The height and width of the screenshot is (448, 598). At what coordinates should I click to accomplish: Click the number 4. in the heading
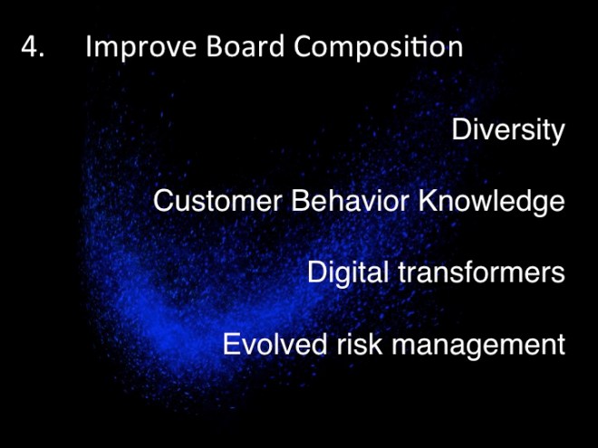pos(33,48)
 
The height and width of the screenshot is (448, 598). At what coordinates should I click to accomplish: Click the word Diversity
pos(507,130)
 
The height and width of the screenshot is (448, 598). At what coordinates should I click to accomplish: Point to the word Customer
pos(217,201)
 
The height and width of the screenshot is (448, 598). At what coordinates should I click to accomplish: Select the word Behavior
pos(352,201)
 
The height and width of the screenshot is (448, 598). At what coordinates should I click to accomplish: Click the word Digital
pos(351,272)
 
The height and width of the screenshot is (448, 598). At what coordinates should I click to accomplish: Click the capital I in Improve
pos(88,48)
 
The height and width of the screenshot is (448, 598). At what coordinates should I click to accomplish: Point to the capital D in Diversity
pos(461,130)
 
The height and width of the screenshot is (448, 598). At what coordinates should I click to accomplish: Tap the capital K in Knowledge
pos(429,201)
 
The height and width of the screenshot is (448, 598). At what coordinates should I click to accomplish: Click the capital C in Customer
pos(164,201)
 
